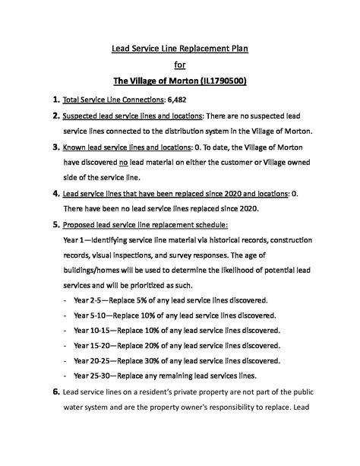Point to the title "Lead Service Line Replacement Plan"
pos(180,49)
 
